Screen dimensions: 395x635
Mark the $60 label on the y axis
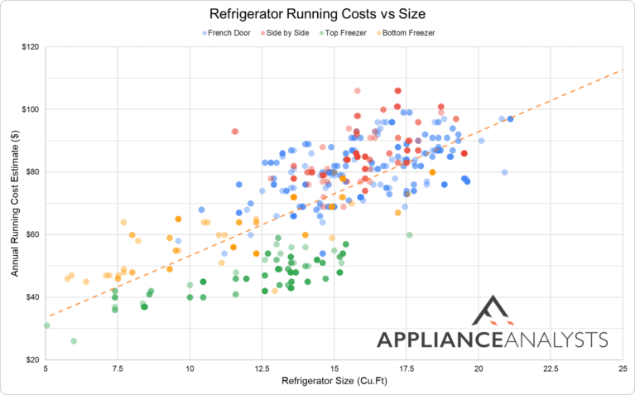[x=31, y=234]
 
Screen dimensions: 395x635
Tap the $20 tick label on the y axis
[x=31, y=360]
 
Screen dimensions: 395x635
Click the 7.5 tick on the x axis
[x=118, y=370]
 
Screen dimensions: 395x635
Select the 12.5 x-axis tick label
[x=262, y=370]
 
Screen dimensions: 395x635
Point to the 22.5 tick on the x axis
[x=550, y=370]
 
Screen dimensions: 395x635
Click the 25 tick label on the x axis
[x=622, y=370]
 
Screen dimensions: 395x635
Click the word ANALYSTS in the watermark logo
[x=561, y=340]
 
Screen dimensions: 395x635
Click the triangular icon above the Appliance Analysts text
[x=493, y=312]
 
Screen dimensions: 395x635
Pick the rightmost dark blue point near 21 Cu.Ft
[x=511, y=119]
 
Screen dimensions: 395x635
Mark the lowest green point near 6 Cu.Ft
[x=74, y=341]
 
